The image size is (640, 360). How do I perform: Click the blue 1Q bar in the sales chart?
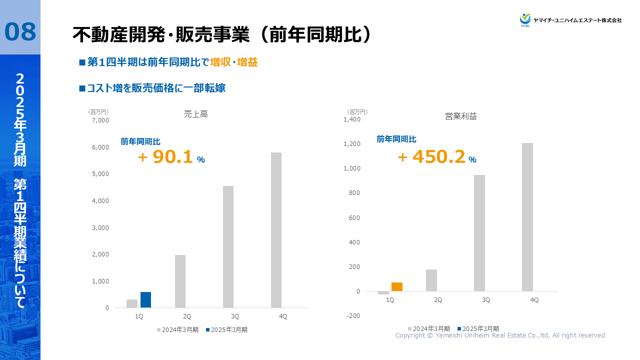[145, 300]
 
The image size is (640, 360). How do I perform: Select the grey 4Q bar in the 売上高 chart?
[276, 230]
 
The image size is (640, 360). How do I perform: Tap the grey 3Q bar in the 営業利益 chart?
[479, 233]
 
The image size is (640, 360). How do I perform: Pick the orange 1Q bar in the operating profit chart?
[397, 287]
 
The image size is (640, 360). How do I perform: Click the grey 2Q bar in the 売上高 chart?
[180, 281]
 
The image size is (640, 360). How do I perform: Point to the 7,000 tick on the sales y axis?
[100, 120]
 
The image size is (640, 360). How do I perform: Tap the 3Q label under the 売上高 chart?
[235, 317]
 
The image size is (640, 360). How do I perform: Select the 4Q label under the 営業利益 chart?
[534, 300]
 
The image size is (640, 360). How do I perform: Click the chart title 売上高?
[196, 114]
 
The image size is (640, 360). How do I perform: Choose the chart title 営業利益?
[461, 116]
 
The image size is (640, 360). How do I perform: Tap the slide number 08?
[20, 31]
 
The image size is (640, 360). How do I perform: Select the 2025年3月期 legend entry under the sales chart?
[226, 330]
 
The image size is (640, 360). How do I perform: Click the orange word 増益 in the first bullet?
[247, 62]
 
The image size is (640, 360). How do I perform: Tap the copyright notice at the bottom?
[500, 335]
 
